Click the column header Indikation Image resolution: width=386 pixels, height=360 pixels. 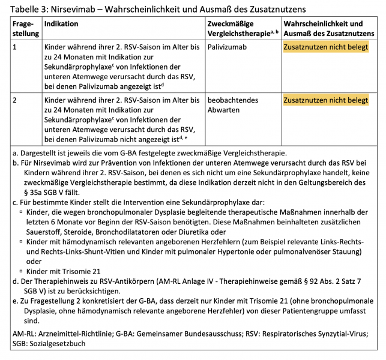pos(61,24)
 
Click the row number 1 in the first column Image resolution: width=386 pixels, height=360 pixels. pos(15,46)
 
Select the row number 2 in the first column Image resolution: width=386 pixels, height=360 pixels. pos(15,100)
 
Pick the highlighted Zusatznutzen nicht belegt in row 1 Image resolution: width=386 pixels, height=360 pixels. pos(325,46)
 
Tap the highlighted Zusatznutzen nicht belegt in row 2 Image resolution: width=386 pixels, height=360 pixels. pos(325,100)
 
